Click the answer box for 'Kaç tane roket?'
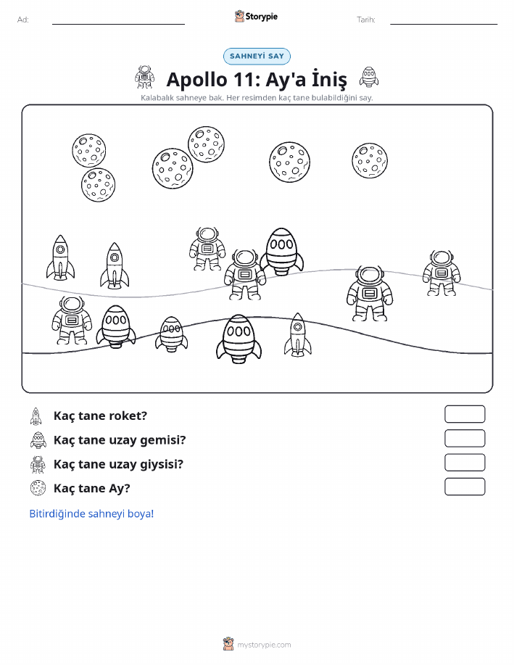coord(465,414)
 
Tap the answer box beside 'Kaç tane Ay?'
coord(465,487)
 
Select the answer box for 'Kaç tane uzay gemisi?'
coord(465,439)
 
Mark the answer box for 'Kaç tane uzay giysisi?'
coord(465,463)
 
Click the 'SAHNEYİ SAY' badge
coord(257,57)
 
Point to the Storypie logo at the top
coord(256,17)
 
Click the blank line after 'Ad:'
coord(118,24)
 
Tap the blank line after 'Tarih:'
coord(444,24)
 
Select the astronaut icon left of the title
coord(144,77)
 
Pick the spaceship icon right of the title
coord(369,77)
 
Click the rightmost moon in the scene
coord(370,161)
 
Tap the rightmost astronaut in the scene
coord(442,273)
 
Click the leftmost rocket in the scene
coord(61,258)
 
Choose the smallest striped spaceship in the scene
coord(171,334)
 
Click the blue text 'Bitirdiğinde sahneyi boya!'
coord(91,513)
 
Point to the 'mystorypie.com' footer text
coord(264,645)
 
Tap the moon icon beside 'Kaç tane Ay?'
coord(38,488)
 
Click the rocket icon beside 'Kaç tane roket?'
coord(36,416)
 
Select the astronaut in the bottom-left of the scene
coord(72,321)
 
